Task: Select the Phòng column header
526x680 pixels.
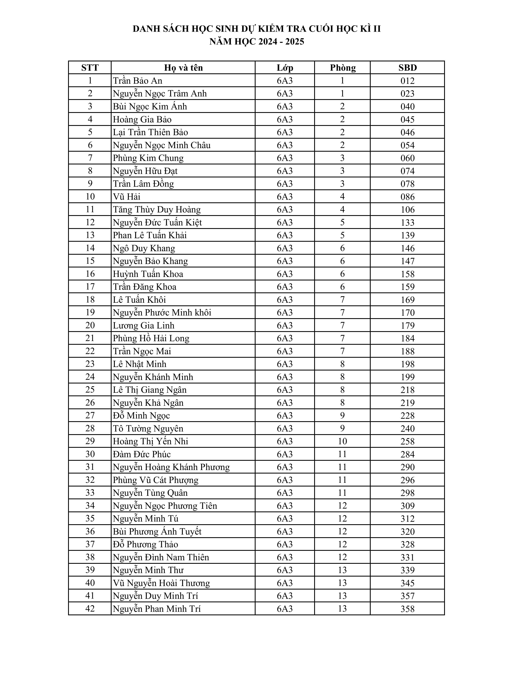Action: coord(342,68)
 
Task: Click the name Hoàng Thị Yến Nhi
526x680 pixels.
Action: coord(151,441)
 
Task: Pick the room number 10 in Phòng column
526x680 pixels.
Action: coord(342,441)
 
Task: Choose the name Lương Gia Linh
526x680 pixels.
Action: coord(144,325)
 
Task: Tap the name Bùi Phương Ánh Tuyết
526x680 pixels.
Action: coord(157,531)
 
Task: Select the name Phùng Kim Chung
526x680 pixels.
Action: coord(148,158)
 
